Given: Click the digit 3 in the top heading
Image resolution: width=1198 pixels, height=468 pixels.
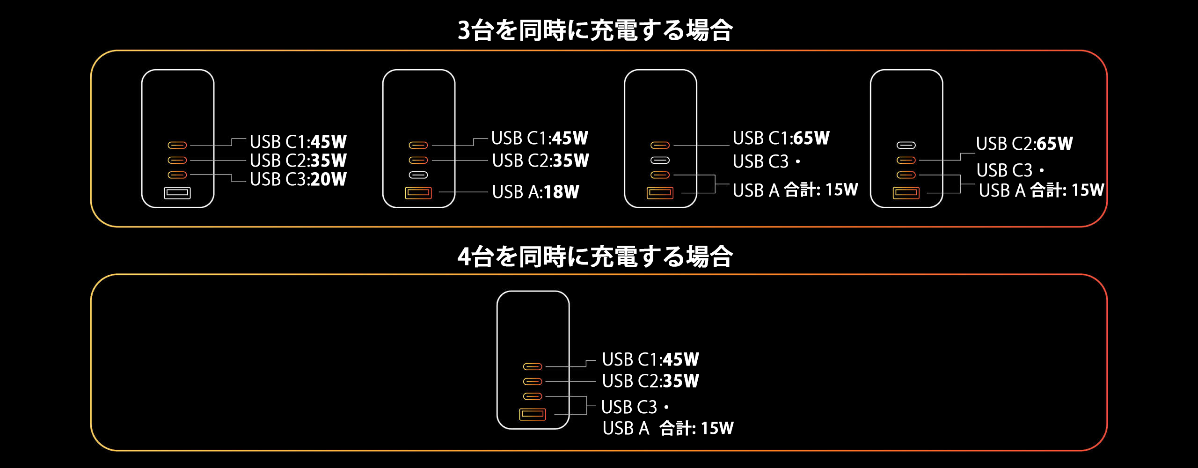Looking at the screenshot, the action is (x=464, y=30).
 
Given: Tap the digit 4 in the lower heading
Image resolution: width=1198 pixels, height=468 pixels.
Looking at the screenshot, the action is (x=464, y=257).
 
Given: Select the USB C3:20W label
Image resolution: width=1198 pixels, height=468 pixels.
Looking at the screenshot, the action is (x=298, y=179).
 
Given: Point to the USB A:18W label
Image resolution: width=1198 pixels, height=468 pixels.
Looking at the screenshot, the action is (x=536, y=192).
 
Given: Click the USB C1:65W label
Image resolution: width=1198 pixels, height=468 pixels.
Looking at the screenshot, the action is (x=781, y=138).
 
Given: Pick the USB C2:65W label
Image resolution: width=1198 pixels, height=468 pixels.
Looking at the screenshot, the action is (x=1024, y=144).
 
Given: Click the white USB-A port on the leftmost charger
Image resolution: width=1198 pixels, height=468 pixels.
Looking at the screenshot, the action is (x=177, y=193).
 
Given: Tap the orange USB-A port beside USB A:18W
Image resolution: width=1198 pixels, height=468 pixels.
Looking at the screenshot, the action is (x=418, y=193).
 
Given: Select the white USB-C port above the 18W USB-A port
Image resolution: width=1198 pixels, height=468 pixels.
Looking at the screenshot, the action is (x=418, y=175).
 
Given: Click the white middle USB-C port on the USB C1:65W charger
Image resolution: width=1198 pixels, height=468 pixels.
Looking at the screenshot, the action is (x=660, y=160).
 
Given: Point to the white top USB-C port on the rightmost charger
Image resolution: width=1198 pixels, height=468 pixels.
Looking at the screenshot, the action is (x=906, y=145).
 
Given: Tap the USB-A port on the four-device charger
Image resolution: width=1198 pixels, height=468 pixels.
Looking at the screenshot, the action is (x=533, y=414).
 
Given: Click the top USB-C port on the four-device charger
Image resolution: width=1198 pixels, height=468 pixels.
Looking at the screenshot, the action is (x=533, y=366).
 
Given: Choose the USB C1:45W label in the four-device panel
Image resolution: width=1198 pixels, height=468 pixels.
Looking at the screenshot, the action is (x=650, y=359).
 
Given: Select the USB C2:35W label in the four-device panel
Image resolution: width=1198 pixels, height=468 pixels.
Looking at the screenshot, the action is (x=650, y=381).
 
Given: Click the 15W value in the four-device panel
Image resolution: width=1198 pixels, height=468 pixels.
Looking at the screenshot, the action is (x=717, y=428).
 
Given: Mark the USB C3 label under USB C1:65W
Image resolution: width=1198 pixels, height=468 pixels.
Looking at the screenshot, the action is (x=761, y=161).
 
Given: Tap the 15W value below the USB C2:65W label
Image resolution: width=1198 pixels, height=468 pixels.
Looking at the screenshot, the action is (x=1088, y=190).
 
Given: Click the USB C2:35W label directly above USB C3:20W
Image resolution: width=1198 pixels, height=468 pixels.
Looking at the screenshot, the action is (x=298, y=161).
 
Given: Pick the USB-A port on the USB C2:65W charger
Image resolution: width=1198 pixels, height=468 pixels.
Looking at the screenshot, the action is (x=906, y=193).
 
